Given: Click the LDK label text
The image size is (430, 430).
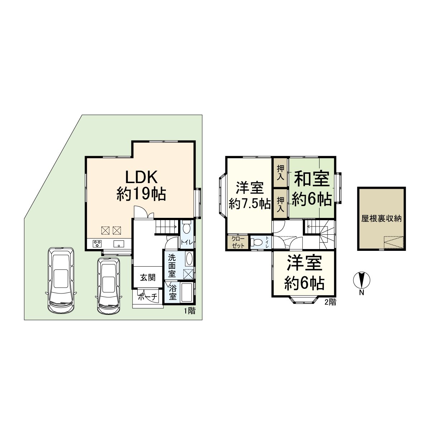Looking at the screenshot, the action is pos(142,177).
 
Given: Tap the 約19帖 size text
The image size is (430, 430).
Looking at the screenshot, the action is pos(141,194).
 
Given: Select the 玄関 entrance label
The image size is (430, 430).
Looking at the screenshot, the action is pos(148,278).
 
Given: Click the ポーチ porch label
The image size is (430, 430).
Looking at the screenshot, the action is pos(148,297).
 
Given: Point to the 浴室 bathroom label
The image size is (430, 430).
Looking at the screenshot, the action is pos(172,292).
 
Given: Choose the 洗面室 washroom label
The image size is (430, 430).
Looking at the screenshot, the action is pos(172,266).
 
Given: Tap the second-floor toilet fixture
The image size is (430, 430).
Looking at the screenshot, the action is pos(256,242).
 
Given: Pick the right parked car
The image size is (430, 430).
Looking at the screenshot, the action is pos(109,286).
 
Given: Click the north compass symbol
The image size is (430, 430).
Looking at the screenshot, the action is pos(362,280).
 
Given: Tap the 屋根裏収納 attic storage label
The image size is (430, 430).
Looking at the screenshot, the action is pos(381,219).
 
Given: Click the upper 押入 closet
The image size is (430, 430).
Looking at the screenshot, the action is pos(281,172).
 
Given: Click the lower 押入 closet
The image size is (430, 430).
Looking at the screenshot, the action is pos(281,204).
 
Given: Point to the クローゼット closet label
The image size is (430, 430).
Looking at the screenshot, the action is pos(238,242).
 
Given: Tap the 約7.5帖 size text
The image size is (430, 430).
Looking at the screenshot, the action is pos(250,204).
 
